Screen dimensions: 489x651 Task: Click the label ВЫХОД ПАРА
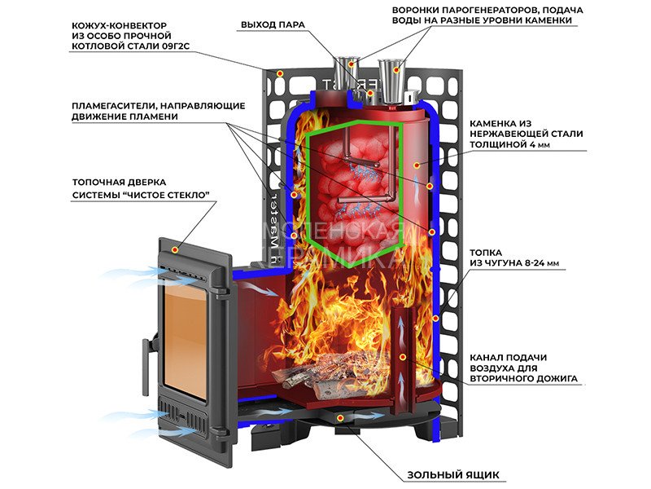273,24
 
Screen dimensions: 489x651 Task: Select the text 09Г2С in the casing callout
176,47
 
